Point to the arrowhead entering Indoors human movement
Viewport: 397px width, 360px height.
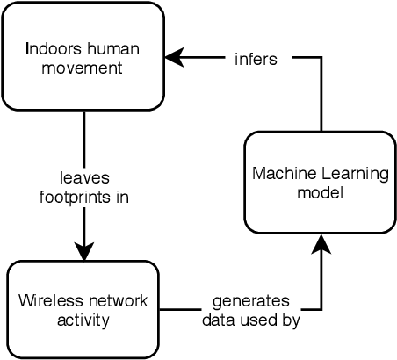[x=174, y=58]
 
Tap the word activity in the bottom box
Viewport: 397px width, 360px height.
[x=83, y=320]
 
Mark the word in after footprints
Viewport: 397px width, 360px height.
[x=122, y=198]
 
